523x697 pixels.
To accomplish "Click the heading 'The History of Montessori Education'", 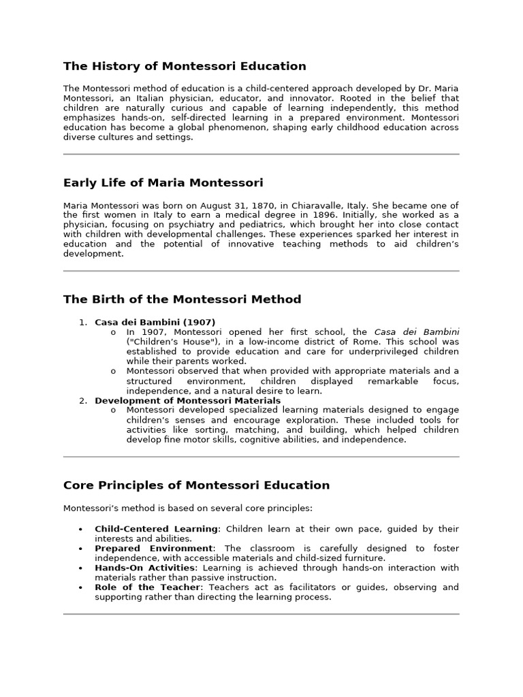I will click(x=185, y=66).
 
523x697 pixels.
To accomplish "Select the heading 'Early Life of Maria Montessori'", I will click(x=163, y=182).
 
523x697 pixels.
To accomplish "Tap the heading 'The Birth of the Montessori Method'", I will click(x=182, y=299).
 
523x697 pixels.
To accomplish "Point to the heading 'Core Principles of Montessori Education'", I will click(x=196, y=485).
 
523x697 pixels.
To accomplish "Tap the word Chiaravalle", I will click(x=306, y=206).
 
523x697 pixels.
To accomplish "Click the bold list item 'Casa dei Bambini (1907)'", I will click(x=155, y=322).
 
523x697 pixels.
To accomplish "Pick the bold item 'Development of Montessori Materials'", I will click(x=187, y=400).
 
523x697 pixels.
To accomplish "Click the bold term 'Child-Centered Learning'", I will click(x=157, y=529).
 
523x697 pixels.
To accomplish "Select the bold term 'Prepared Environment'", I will click(x=154, y=548).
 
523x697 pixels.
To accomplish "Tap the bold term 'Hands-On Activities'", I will click(x=145, y=568).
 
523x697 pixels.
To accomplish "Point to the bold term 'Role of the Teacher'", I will click(x=148, y=587).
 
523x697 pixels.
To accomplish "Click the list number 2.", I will click(x=82, y=400).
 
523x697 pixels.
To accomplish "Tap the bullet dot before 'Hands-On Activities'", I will click(x=82, y=568).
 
